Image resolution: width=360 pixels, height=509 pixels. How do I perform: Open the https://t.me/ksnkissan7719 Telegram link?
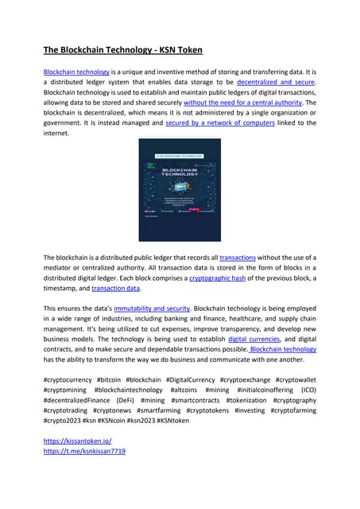84,451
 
